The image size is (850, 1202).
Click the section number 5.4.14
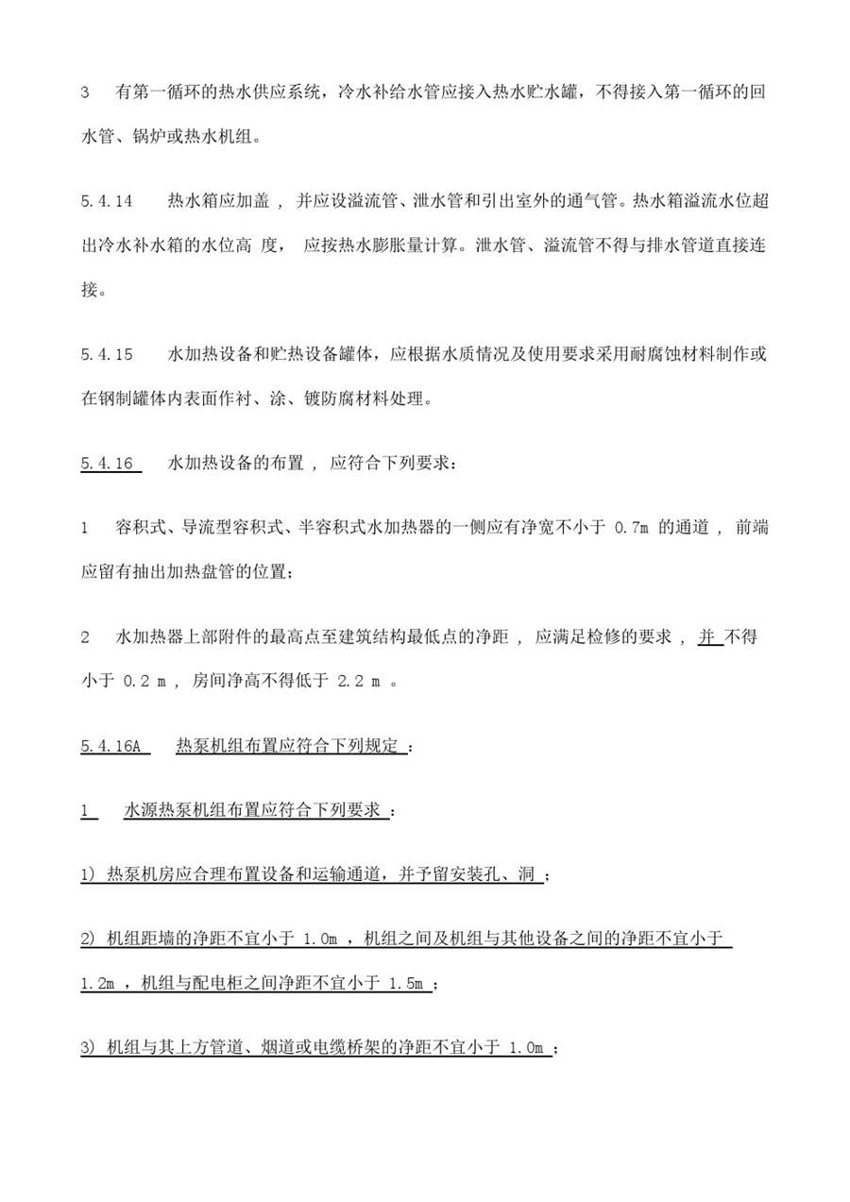tap(106, 201)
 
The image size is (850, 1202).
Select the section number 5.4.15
tap(106, 355)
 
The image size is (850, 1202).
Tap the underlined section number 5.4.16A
tap(110, 746)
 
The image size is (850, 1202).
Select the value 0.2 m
tap(144, 683)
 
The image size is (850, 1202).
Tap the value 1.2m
tap(97, 984)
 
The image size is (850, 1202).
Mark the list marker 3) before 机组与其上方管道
tap(89, 1047)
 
